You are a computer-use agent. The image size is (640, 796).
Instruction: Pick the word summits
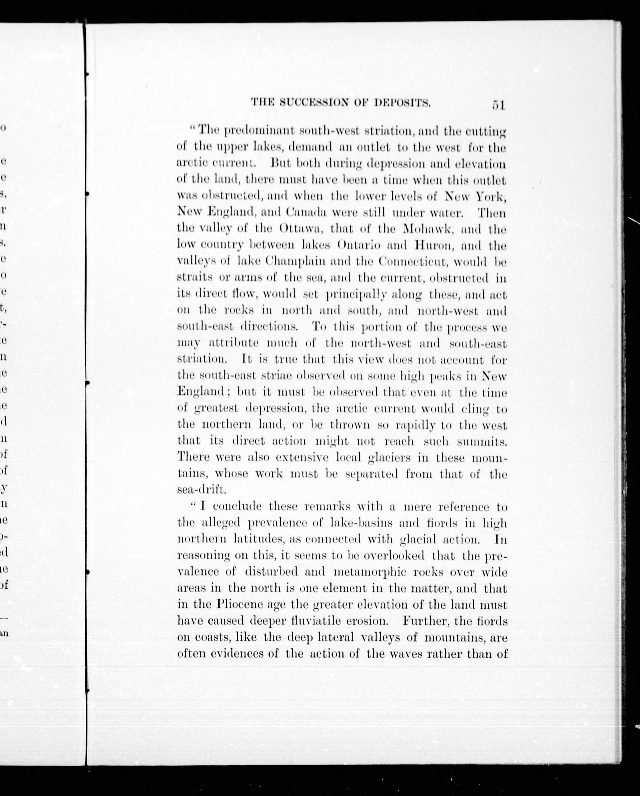482,441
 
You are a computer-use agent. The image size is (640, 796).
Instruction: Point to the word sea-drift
200,490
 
